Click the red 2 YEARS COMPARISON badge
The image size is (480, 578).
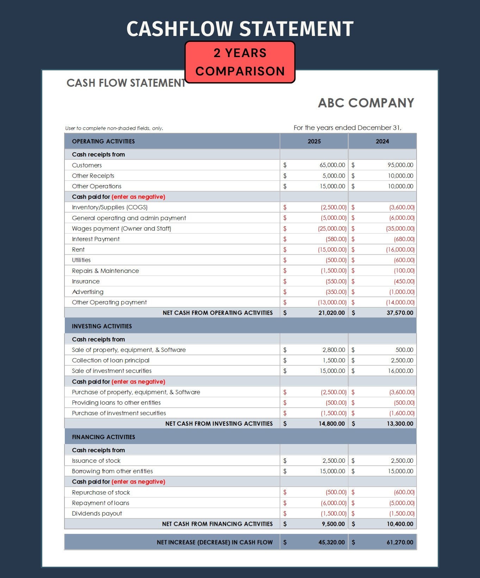(240, 62)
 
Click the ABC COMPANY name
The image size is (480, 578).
(366, 103)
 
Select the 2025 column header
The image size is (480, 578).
(314, 141)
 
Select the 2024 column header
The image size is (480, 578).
(382, 141)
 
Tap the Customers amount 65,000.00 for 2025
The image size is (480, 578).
(332, 165)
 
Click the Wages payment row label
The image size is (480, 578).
(121, 228)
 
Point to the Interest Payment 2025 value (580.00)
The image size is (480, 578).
(336, 239)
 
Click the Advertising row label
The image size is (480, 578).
(88, 292)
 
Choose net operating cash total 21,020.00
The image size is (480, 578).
(331, 313)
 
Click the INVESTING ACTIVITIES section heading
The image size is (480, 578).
(102, 326)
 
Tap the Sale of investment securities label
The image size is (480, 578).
(112, 371)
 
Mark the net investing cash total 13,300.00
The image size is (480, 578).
(400, 424)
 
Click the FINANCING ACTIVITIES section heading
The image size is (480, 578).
(104, 437)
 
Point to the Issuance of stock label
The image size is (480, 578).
(96, 461)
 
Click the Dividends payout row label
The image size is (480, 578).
(97, 514)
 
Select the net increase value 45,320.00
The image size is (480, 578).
(331, 542)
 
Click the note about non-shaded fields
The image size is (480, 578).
(114, 128)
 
